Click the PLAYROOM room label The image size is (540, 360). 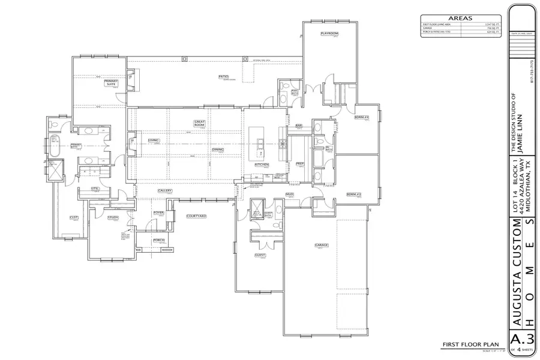[329, 34]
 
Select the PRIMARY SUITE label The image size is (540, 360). [111, 83]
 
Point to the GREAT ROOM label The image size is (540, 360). [200, 123]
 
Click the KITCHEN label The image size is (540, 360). [261, 164]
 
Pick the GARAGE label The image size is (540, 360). [321, 245]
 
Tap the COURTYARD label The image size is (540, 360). [196, 215]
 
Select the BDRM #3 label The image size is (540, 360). [354, 194]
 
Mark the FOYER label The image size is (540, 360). [158, 212]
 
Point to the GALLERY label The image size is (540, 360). [165, 191]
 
